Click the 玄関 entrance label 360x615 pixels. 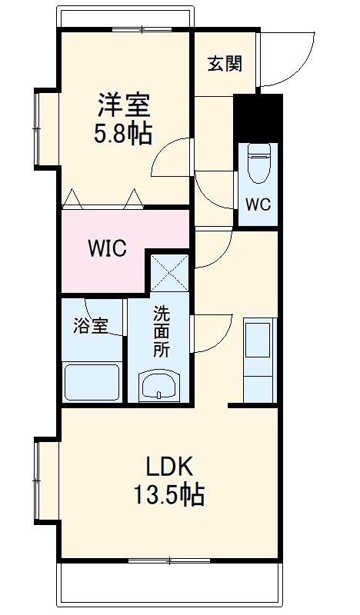[225, 64]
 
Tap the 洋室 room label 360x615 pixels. [123, 104]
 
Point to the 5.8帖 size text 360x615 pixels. [123, 134]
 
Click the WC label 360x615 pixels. [258, 204]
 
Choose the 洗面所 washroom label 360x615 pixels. [161, 331]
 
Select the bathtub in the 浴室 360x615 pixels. [91, 381]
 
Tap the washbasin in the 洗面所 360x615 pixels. [160, 386]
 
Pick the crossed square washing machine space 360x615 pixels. [169, 272]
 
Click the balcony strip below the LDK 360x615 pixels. [172, 583]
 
